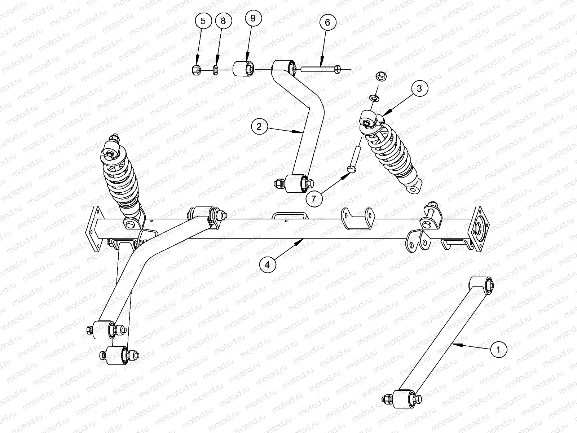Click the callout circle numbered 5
(x=203, y=21)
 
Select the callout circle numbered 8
(x=224, y=21)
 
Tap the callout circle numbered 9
(x=253, y=18)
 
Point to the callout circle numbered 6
(x=327, y=22)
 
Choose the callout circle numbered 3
(x=419, y=88)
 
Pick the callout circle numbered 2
(x=259, y=127)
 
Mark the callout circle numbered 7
(x=314, y=199)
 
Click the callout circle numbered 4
(x=267, y=265)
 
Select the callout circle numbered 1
(x=498, y=349)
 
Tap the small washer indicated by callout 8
(x=215, y=70)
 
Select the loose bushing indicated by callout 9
(x=244, y=69)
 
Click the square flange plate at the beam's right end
(x=480, y=229)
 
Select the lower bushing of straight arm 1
(x=402, y=399)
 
